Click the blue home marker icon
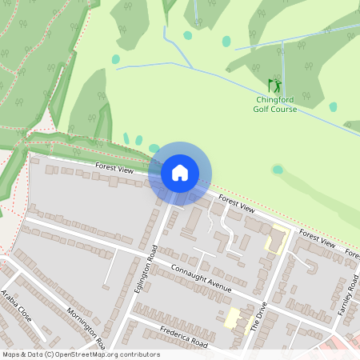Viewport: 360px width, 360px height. click(180, 173)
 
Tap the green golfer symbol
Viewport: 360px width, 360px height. click(274, 86)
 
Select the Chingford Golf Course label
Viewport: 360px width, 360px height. click(275, 104)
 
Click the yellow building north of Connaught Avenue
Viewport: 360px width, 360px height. click(278, 239)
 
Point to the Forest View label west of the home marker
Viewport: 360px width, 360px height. click(114, 169)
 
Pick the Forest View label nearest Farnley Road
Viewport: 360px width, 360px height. click(317, 238)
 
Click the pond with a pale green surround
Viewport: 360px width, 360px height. click(278, 170)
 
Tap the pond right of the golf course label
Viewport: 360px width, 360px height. click(333, 106)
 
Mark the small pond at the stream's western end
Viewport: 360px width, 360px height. click(116, 59)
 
